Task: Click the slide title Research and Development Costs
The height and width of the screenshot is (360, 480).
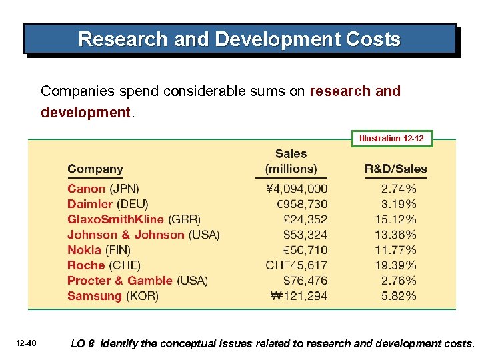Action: [x=239, y=39]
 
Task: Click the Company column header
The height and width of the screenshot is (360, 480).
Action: [x=95, y=169]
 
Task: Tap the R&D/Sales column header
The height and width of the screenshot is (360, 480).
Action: [x=396, y=169]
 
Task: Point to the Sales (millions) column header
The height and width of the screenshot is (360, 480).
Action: [x=291, y=161]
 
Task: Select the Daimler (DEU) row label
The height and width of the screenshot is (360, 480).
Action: [x=107, y=204]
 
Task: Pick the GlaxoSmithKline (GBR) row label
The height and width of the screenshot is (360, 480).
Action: [x=133, y=219]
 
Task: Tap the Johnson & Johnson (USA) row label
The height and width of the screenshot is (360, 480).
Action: [x=143, y=235]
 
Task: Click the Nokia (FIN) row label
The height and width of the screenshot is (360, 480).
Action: [x=98, y=250]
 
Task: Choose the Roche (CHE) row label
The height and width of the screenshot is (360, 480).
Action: [x=103, y=265]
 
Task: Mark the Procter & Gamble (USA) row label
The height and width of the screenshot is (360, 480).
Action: [x=137, y=281]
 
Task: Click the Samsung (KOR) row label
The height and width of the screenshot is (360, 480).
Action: [x=113, y=296]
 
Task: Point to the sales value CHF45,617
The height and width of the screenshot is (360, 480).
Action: [x=296, y=265]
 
